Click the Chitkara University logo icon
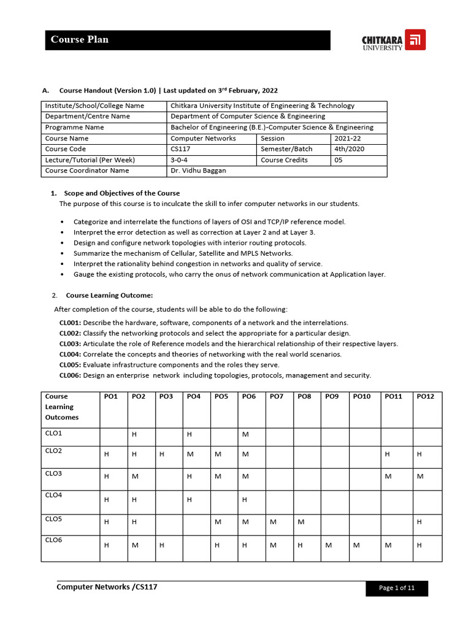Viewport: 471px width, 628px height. pos(416,40)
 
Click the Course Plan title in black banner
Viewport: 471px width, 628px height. pos(80,40)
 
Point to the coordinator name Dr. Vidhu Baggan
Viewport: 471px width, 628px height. pos(198,170)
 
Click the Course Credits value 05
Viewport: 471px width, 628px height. pos(339,160)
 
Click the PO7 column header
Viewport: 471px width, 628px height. pos(277,397)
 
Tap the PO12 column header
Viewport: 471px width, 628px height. pos(425,397)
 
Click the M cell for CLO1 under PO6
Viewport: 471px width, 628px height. pos(245,434)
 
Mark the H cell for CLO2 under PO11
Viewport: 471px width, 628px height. pos(387,454)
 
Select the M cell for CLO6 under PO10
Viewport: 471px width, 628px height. pos(356,545)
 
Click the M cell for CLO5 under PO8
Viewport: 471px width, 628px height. pos(301,522)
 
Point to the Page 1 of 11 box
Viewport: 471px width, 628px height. pos(397,588)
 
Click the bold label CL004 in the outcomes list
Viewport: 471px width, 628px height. pos(71,354)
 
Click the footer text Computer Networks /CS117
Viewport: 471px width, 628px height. pos(107,587)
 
